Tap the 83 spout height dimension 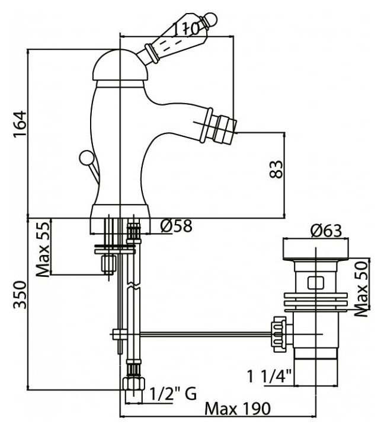coord(276,170)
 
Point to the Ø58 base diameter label coord(177,226)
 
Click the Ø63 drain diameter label coord(327,231)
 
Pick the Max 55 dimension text coord(43,249)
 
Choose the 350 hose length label coord(20,295)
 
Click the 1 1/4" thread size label coord(269,376)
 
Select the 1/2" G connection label coord(173,394)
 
